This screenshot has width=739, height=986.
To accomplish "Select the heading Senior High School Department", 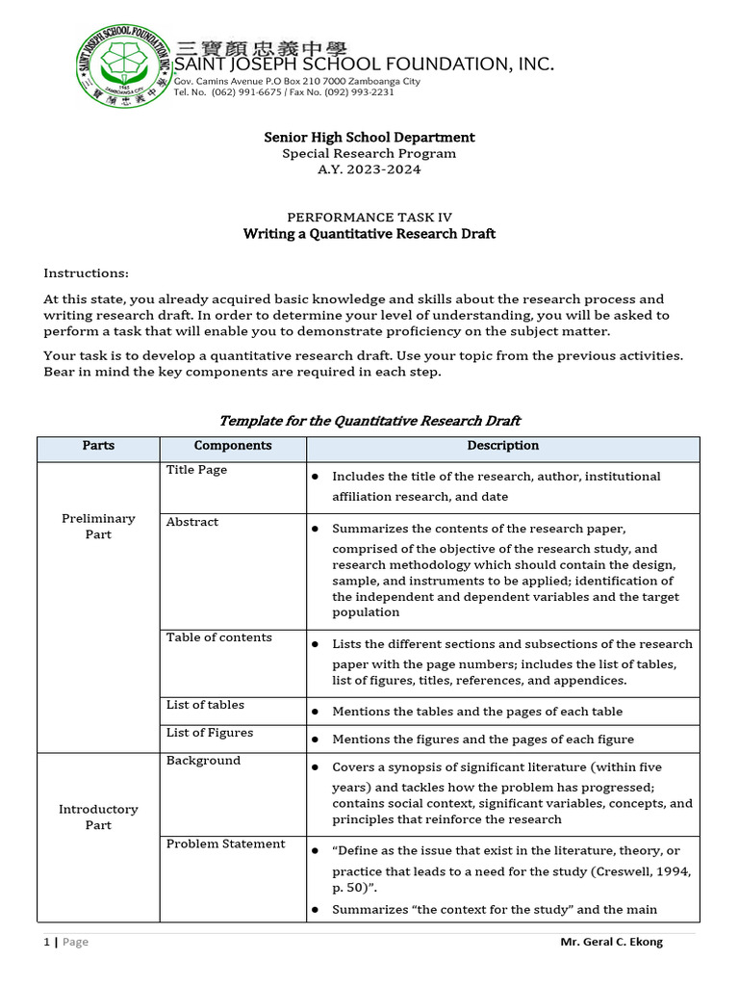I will click(x=369, y=138).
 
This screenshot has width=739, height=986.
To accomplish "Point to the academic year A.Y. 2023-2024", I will click(x=369, y=169).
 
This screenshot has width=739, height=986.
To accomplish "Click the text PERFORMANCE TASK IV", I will click(x=369, y=218).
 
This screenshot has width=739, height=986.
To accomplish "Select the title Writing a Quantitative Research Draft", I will click(x=369, y=234).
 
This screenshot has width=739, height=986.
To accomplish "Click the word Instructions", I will click(x=86, y=273).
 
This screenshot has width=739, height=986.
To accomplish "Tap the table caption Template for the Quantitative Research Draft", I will click(x=369, y=420).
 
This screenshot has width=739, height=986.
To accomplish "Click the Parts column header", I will click(x=98, y=446).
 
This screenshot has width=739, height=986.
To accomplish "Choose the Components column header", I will click(x=233, y=446).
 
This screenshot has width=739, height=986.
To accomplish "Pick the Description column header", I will click(x=502, y=446).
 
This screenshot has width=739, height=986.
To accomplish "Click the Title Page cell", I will click(x=197, y=470).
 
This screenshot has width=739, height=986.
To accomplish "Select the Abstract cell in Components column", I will click(x=192, y=522).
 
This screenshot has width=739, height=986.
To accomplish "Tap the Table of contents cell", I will click(x=219, y=637).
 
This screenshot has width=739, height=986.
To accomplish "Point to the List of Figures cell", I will click(x=210, y=733).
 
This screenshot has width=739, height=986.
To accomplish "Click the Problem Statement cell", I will click(x=226, y=844).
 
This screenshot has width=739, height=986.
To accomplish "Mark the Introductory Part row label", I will click(x=98, y=817).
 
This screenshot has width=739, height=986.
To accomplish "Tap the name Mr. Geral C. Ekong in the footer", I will click(x=611, y=942).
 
